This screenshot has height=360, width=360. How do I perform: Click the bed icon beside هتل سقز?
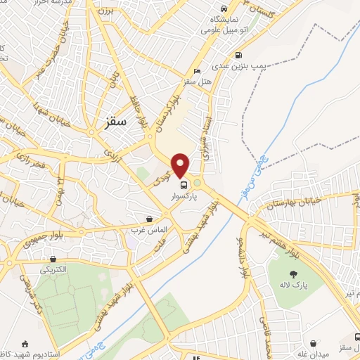pos(197,71)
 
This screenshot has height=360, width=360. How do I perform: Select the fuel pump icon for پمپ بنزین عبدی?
pos(240,54)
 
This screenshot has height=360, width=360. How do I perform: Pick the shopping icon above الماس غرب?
pos(149,219)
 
